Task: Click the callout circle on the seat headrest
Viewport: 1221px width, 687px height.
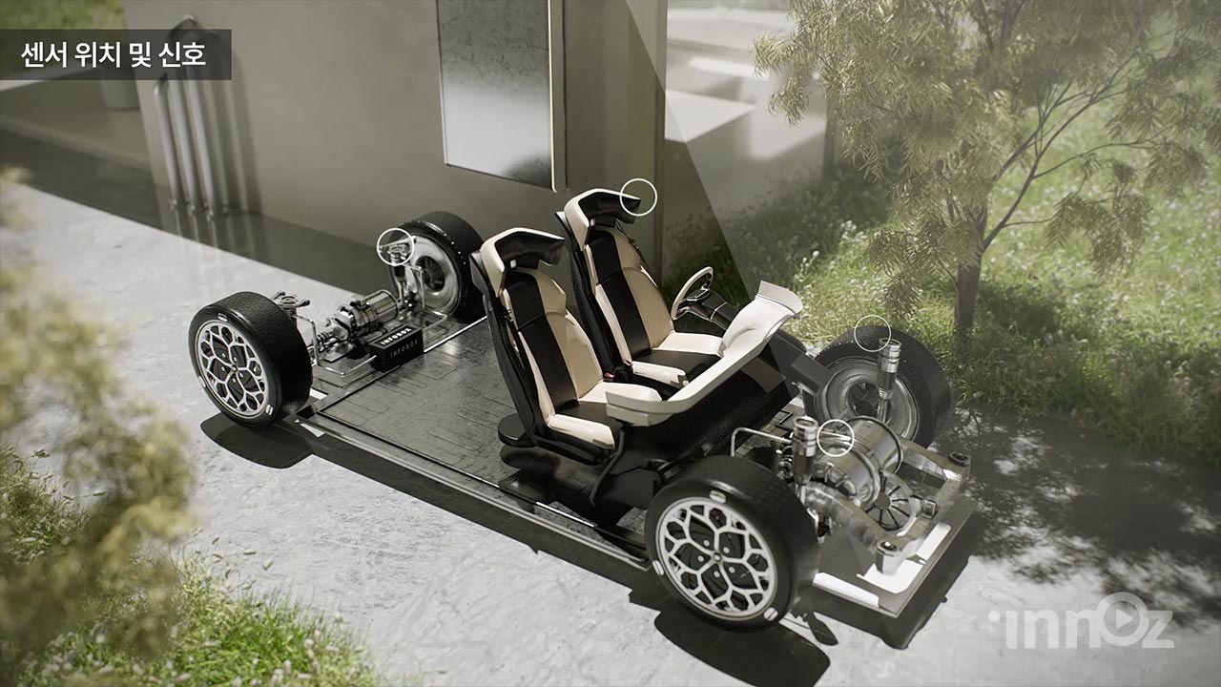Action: [638, 196]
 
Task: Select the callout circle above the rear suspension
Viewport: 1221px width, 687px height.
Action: [396, 246]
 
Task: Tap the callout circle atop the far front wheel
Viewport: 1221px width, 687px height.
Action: [872, 334]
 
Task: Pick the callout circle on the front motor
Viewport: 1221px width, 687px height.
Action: [835, 437]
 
